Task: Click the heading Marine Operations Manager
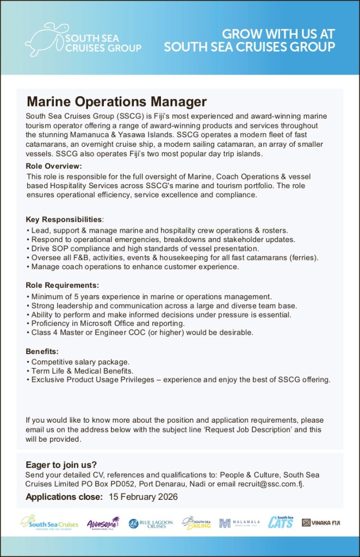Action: [117, 102]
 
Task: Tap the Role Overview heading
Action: [54, 166]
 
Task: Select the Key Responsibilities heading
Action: [64, 220]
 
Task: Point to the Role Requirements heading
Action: [63, 285]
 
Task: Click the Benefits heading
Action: [42, 351]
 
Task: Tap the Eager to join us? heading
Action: [61, 465]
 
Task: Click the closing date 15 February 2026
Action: [143, 497]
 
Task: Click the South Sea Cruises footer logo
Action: [49, 523]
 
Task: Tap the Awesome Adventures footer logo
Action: [102, 523]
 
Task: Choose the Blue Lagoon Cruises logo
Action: [151, 523]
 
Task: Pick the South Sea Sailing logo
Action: [196, 523]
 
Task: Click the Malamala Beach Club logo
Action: [239, 523]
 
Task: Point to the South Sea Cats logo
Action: [281, 522]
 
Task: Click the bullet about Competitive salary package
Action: [80, 362]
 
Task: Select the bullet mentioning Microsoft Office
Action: [108, 323]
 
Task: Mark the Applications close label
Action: [64, 497]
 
